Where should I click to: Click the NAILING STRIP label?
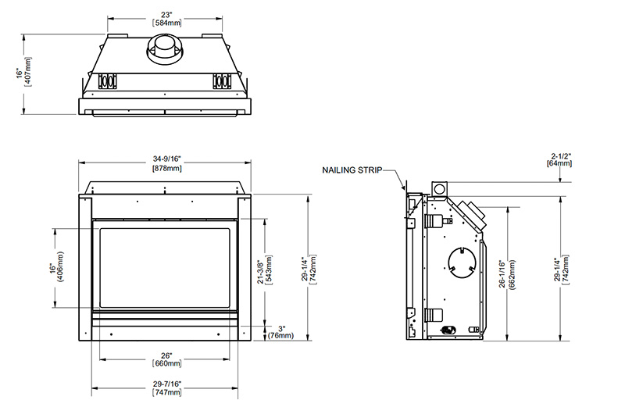352,170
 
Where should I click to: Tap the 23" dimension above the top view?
166,15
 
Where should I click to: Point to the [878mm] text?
166,168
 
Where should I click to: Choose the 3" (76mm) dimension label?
281,332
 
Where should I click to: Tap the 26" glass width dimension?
166,355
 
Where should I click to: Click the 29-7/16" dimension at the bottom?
166,384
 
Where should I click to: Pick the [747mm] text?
166,393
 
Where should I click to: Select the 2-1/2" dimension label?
561,155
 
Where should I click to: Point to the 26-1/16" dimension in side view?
502,273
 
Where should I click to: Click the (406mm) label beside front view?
60,266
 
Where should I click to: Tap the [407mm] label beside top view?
28,72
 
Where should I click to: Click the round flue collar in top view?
166,48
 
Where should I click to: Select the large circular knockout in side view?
462,263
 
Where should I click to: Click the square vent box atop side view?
440,189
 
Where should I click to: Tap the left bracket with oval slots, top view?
108,81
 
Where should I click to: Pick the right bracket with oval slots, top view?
222,81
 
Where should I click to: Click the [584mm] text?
166,23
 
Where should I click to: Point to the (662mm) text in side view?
512,274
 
